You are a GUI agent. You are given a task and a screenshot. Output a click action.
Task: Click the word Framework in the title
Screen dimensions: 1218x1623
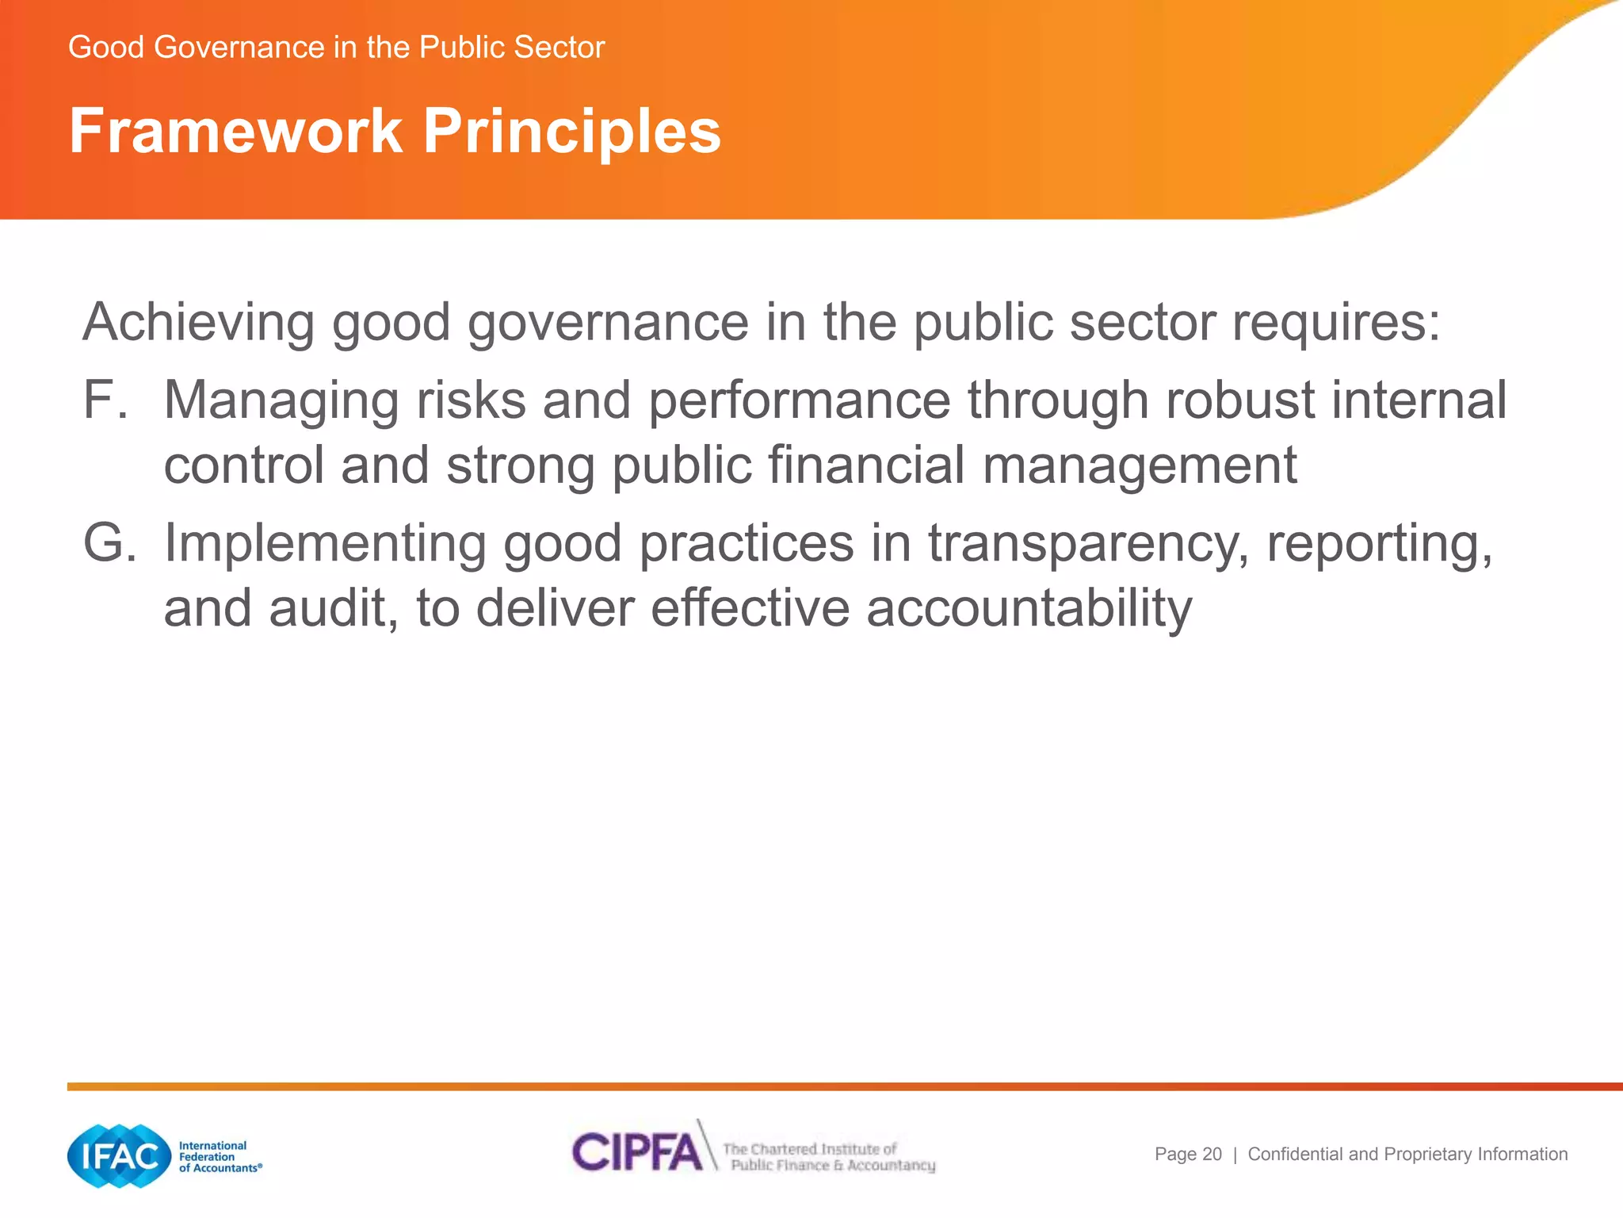coord(235,131)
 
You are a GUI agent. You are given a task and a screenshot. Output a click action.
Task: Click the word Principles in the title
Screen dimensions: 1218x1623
coord(571,131)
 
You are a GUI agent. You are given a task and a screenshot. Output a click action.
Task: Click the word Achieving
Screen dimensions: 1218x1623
coord(198,324)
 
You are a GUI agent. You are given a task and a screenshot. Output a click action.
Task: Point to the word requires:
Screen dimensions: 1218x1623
coord(1335,324)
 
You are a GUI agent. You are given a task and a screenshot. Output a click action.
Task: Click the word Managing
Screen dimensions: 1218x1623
coord(281,401)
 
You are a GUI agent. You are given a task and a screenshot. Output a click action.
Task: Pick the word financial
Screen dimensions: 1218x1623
coord(866,465)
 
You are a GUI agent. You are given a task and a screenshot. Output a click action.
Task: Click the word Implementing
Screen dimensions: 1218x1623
coord(324,546)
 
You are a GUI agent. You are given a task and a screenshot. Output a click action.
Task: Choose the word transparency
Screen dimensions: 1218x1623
coord(1088,546)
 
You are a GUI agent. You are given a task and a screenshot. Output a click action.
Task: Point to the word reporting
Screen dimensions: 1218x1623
coord(1379,546)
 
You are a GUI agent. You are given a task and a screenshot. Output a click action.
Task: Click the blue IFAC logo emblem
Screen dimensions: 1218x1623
coord(119,1156)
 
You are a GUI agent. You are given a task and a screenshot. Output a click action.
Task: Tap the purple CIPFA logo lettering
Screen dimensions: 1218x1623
coord(636,1151)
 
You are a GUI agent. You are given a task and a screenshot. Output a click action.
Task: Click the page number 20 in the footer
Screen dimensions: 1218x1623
coord(1212,1155)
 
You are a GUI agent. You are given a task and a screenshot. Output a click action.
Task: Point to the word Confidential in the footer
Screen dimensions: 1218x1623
coord(1296,1155)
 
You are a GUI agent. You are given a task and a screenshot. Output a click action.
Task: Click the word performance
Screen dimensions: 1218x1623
coord(799,401)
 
